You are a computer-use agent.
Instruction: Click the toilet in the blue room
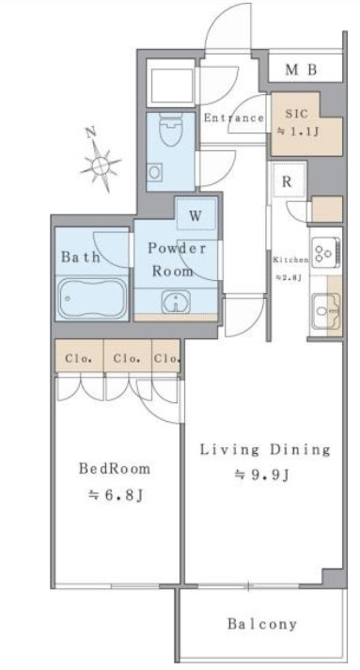click(170, 129)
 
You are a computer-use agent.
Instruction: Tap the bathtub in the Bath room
click(92, 299)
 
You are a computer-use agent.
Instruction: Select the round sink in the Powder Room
click(175, 303)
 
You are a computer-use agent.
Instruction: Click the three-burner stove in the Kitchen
click(326, 251)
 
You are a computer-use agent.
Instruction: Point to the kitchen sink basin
click(326, 311)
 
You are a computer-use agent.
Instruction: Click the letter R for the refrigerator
click(287, 181)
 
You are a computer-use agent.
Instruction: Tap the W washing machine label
click(195, 216)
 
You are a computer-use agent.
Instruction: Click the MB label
click(301, 70)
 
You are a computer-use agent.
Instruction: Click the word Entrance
click(233, 118)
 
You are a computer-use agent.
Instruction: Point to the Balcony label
click(262, 624)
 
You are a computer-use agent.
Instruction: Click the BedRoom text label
click(115, 469)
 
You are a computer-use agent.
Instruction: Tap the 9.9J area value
click(262, 475)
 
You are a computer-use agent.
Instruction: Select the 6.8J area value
click(115, 495)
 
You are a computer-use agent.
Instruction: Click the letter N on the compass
click(90, 132)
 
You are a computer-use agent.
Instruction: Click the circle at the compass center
click(101, 164)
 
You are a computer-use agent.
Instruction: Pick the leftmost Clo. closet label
click(79, 359)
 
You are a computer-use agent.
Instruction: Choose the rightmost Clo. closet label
click(166, 359)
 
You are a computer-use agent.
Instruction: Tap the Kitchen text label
click(290, 259)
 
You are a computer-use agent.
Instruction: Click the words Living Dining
click(265, 449)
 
